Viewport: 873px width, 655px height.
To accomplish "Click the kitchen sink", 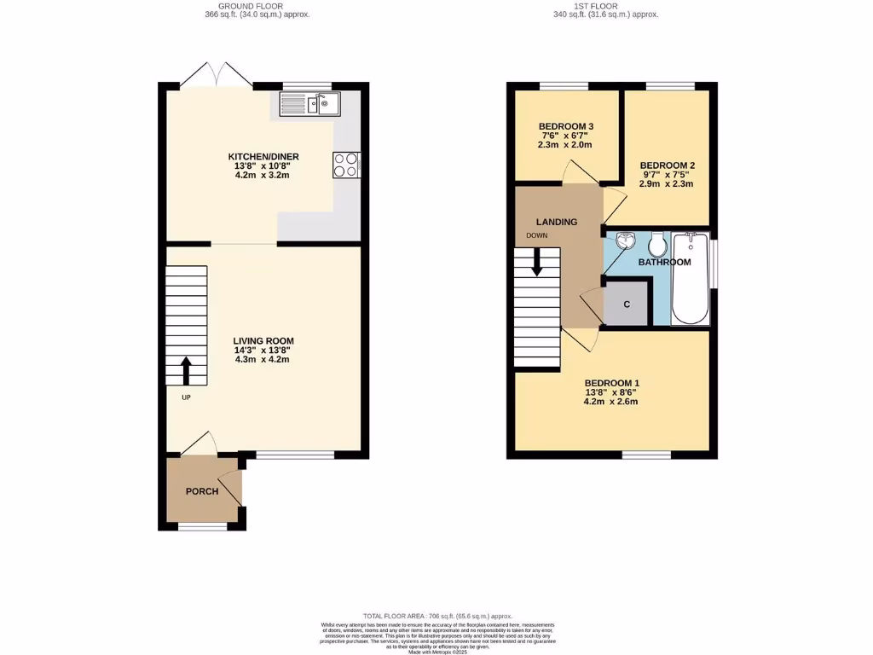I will (310, 104).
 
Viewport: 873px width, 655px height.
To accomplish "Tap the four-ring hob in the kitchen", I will (347, 165).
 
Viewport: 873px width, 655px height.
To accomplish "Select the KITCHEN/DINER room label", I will (263, 157).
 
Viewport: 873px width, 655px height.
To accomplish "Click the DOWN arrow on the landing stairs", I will (537, 262).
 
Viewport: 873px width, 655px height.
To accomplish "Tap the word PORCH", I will (202, 491).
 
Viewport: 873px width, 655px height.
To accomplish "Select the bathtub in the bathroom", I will (691, 278).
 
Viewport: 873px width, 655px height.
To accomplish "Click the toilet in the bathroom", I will (657, 246).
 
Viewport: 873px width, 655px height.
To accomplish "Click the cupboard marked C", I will (627, 304).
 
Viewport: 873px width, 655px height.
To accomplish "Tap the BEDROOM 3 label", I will (565, 127).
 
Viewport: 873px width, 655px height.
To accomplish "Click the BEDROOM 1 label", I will (611, 383).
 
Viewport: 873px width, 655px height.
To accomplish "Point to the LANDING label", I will (557, 222).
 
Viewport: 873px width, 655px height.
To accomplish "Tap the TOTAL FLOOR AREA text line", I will (437, 616).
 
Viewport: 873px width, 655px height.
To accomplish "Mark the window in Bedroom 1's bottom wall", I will (645, 455).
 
